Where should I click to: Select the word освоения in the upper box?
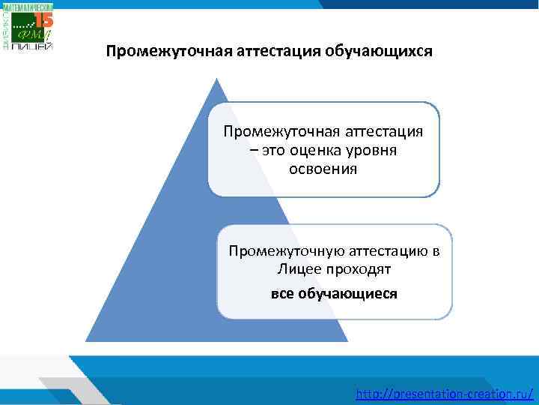[x=323, y=169]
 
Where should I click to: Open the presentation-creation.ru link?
[x=446, y=392]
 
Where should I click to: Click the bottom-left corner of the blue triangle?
[x=87, y=341]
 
